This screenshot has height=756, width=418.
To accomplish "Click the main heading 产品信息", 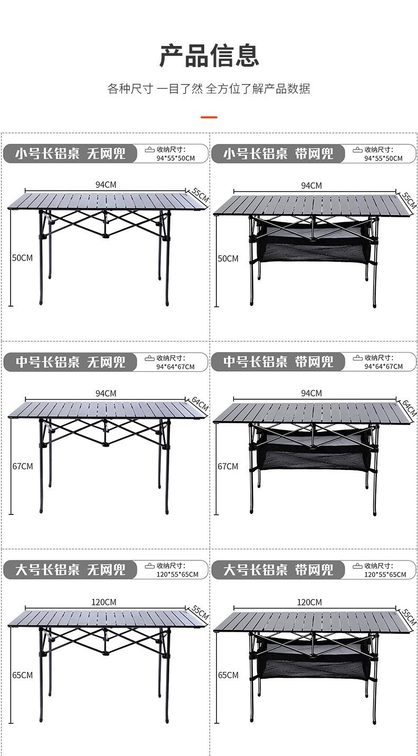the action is (x=209, y=56).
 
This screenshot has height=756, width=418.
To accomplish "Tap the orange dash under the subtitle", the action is (x=209, y=117).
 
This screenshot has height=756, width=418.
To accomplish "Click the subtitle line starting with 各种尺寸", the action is (x=209, y=89).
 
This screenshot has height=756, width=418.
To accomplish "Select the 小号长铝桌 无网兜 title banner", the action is (x=70, y=154).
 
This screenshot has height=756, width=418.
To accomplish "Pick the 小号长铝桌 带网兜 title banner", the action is (x=278, y=154).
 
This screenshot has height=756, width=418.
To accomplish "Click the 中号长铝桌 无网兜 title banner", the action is (x=70, y=362).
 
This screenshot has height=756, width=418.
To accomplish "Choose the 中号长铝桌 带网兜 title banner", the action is (x=278, y=362).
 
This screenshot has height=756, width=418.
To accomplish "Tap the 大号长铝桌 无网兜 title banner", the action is (x=70, y=569).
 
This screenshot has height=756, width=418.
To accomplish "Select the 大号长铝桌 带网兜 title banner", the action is (x=278, y=569).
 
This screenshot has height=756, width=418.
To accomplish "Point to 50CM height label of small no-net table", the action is (x=22, y=258).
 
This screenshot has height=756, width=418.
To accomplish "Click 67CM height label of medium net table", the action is (x=228, y=466).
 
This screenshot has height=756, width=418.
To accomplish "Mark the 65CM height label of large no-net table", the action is (x=22, y=675).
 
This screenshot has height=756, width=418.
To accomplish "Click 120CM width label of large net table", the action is (x=309, y=602).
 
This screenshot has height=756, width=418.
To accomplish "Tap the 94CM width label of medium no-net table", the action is (x=106, y=393).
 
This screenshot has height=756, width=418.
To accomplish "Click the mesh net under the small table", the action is (x=313, y=251).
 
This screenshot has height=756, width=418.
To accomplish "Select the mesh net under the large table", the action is (x=313, y=667).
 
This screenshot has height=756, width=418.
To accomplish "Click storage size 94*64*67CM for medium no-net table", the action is (x=175, y=366).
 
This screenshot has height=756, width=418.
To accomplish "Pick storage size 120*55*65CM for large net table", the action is (x=385, y=574).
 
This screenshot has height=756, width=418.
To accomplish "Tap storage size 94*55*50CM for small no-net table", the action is (x=175, y=158).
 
